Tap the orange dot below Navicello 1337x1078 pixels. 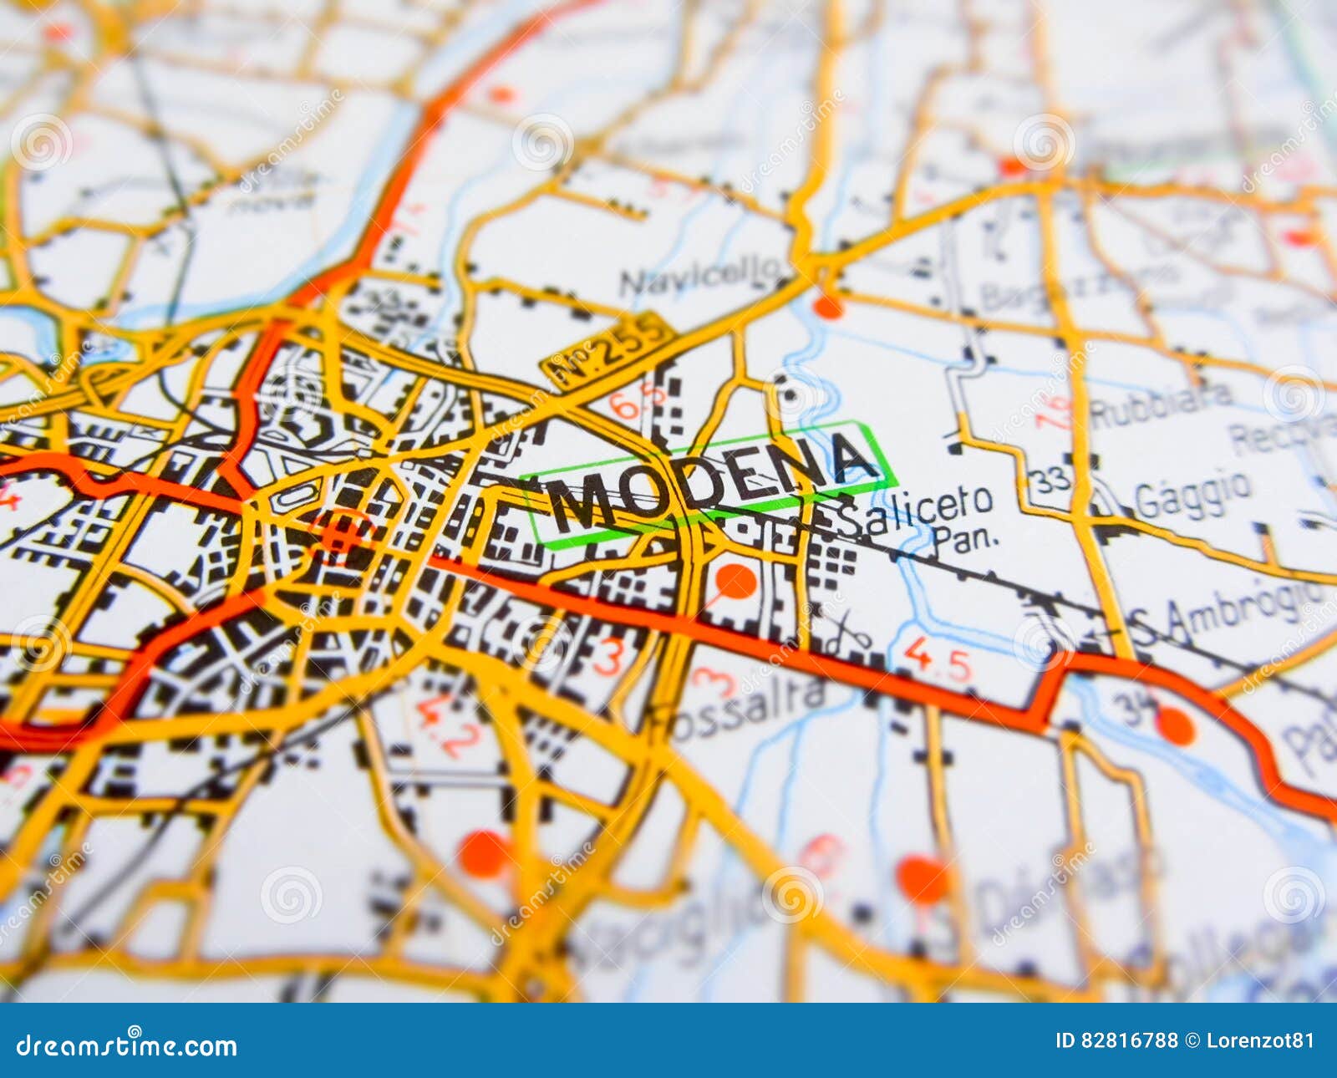pos(828,306)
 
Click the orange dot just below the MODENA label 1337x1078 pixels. pos(735,580)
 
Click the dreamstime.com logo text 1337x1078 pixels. pos(127,1045)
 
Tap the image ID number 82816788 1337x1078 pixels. pos(1129,1040)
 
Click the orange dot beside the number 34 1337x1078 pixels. pos(1176,727)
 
